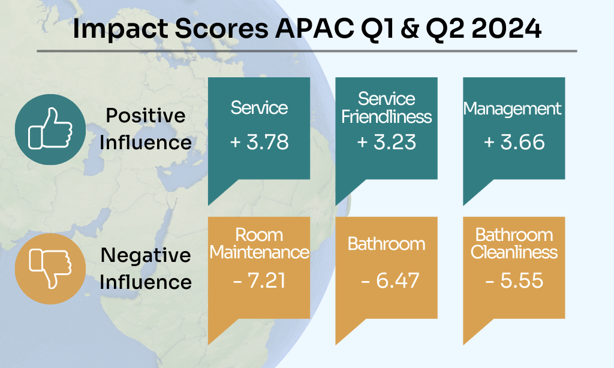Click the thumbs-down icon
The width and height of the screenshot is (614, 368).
pos(50,267)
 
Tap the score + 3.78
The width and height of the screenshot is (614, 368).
pos(259,142)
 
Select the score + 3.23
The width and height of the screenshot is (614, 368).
pos(387,142)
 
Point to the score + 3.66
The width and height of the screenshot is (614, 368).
pos(514,142)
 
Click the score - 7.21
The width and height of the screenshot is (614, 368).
pos(259,280)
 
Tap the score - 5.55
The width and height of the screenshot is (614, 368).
pos(514,280)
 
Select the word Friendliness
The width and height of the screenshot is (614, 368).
pos(387,116)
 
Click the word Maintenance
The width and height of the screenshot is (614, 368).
pos(259,252)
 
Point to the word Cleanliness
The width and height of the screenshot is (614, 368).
pos(514,252)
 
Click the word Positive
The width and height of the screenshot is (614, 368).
pos(145,115)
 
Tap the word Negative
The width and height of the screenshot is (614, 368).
pos(145,255)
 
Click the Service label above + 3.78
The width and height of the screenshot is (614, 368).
pos(259,108)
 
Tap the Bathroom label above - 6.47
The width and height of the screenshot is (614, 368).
pos(387,244)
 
